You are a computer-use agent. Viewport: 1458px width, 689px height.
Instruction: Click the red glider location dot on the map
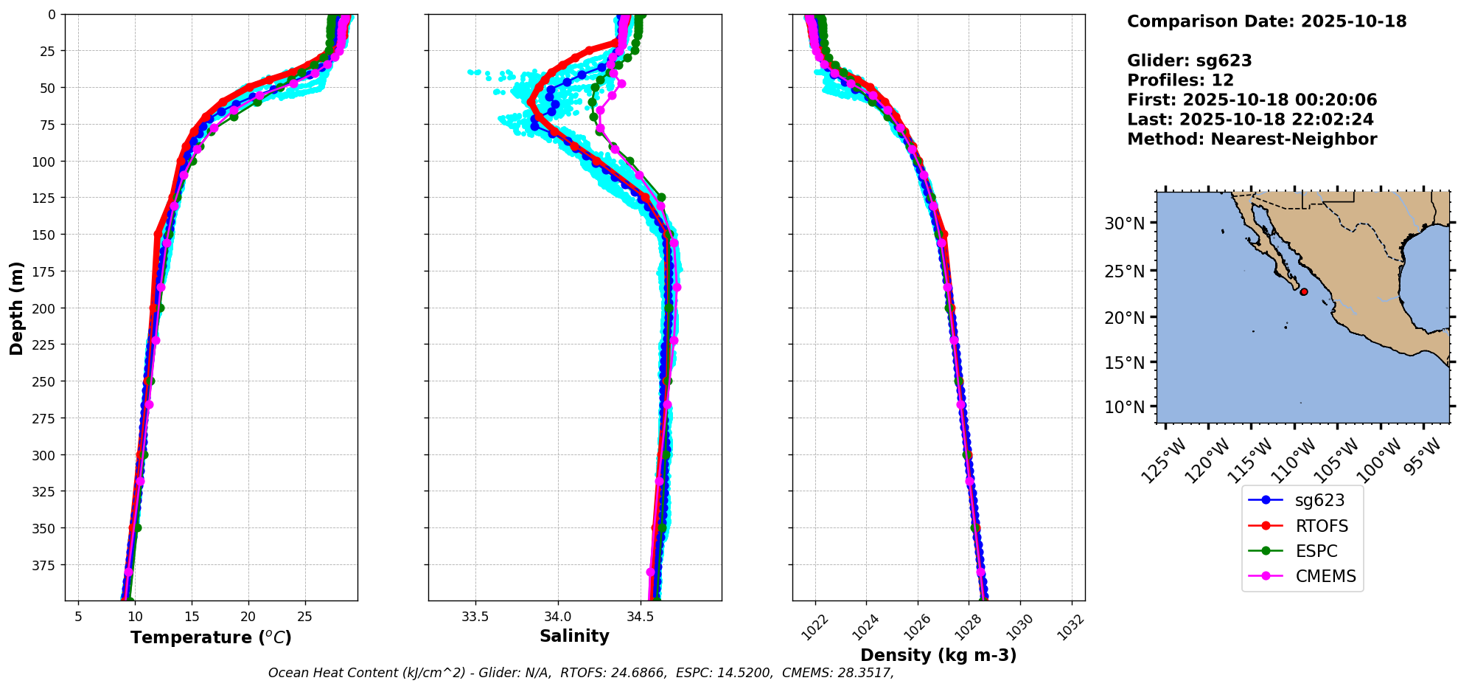[x=1304, y=292]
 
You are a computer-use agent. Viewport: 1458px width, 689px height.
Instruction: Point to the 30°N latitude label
[x=1124, y=224]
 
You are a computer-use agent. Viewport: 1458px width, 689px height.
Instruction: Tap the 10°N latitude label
[x=1124, y=407]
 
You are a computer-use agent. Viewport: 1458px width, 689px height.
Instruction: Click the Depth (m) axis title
[x=16, y=308]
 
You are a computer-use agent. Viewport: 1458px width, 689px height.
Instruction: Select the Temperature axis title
[x=211, y=637]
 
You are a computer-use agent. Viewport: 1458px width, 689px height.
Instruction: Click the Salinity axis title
[x=574, y=637]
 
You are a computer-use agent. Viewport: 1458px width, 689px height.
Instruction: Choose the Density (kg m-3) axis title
[x=938, y=655]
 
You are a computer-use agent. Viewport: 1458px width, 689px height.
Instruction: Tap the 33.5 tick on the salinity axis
[x=475, y=617]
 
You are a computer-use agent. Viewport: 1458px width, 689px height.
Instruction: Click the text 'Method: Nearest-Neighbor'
[x=1252, y=139]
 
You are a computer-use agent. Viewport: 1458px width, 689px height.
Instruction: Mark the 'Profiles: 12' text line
[x=1180, y=80]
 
